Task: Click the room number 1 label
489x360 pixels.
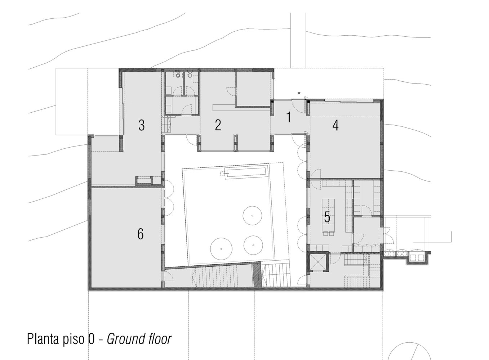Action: click(289, 117)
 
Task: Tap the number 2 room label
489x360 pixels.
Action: click(218, 125)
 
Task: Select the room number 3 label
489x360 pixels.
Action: click(142, 125)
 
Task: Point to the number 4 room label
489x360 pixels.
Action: click(335, 125)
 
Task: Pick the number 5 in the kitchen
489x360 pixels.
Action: click(327, 217)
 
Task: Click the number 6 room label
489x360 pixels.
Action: click(141, 234)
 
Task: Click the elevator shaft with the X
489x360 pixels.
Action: click(317, 261)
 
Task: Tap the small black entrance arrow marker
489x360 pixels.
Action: click(299, 93)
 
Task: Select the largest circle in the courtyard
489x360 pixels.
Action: click(221, 249)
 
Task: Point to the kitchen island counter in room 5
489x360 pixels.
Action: click(328, 215)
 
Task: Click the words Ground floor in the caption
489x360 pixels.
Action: click(139, 339)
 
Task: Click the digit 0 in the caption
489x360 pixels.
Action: click(91, 339)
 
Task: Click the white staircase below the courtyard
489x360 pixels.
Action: click(276, 275)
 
